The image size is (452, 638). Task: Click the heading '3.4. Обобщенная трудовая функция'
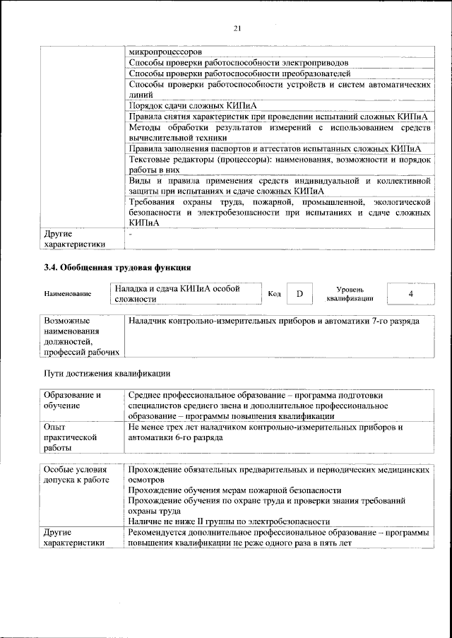pos(117,268)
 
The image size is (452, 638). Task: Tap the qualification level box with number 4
pos(411,293)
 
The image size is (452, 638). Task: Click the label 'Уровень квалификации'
pos(350,294)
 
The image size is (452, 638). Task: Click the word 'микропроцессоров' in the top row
pos(165,52)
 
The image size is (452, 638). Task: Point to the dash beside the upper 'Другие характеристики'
pos(131,233)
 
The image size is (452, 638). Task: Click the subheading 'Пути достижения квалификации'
pos(107,374)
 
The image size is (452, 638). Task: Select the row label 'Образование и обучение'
pos(78,401)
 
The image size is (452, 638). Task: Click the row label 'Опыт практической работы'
pos(69,437)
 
